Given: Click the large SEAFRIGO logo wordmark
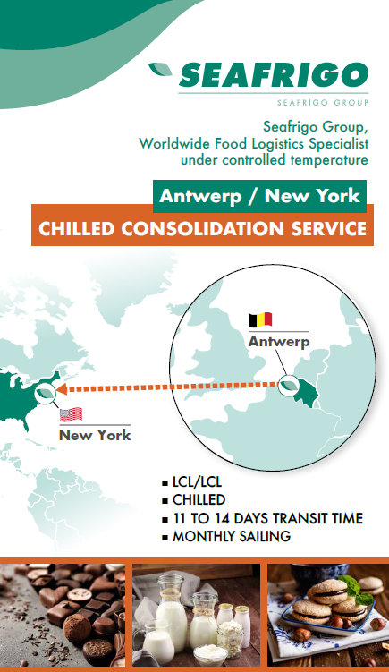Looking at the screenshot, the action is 274,75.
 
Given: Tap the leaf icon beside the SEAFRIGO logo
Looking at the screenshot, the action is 161,69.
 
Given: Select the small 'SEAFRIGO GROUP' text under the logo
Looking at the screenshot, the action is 323,102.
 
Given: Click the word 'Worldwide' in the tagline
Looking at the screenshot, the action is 175,143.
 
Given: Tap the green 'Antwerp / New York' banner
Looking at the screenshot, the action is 259,196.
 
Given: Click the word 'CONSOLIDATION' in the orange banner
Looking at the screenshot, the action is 202,228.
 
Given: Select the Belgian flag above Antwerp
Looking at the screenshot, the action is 260,319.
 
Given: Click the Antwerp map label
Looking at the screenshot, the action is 279,342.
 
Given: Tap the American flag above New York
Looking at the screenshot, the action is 71,414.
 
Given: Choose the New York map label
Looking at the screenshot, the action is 95,435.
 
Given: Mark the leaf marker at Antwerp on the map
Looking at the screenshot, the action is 289,385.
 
